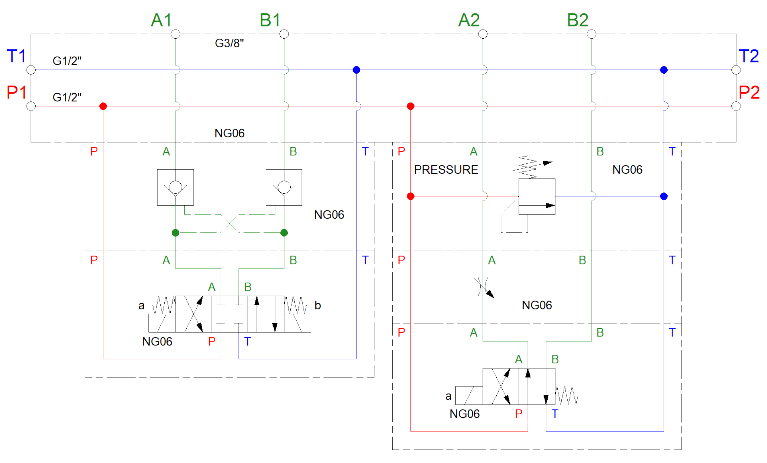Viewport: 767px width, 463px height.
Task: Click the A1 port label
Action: (x=161, y=20)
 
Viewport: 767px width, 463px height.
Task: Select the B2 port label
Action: (x=577, y=20)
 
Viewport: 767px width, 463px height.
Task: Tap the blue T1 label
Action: (x=16, y=56)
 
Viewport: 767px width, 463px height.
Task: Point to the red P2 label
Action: (x=749, y=92)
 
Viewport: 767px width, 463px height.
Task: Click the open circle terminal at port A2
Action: (x=483, y=34)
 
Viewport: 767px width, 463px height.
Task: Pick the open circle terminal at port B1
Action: (x=284, y=34)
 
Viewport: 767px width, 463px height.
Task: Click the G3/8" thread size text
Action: (x=229, y=43)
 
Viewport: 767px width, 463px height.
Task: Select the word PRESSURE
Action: (x=446, y=170)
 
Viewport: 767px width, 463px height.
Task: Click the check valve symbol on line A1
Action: (x=175, y=187)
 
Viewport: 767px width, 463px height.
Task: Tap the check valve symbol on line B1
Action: (x=284, y=187)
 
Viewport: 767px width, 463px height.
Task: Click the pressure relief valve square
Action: (x=537, y=196)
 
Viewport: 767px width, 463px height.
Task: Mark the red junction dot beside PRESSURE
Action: (x=410, y=196)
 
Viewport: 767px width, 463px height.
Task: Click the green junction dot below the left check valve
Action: (x=175, y=233)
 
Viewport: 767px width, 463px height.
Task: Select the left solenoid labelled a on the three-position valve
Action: (x=162, y=323)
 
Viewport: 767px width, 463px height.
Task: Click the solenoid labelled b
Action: (x=297, y=323)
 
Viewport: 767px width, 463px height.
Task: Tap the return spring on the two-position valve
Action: (x=567, y=395)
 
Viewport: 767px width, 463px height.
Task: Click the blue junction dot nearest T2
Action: (x=664, y=70)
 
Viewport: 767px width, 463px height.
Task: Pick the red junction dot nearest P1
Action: (x=103, y=106)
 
